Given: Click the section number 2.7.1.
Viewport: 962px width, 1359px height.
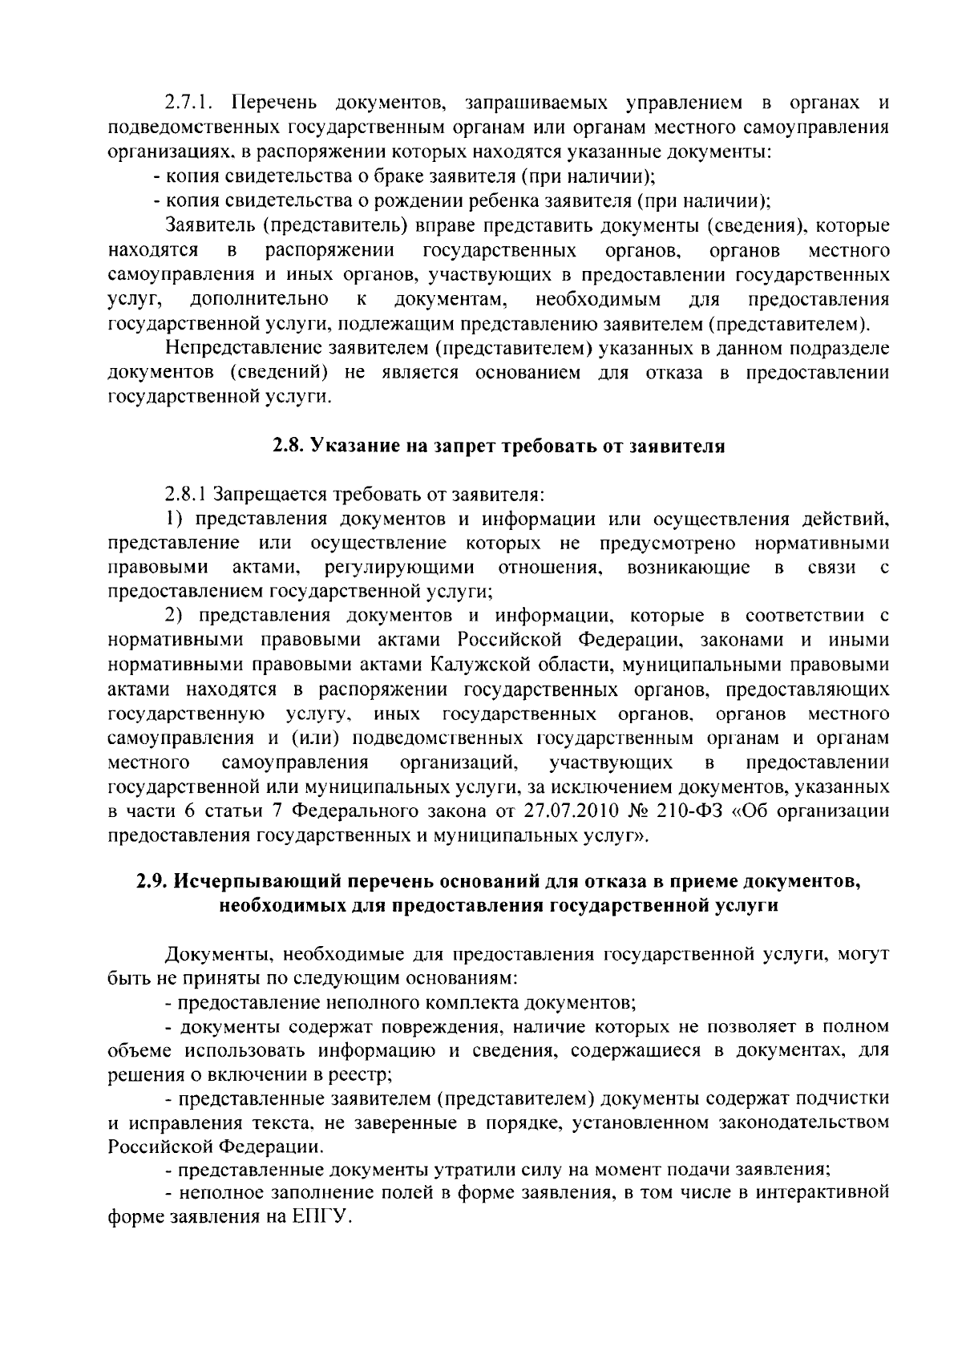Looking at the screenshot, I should tap(187, 102).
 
